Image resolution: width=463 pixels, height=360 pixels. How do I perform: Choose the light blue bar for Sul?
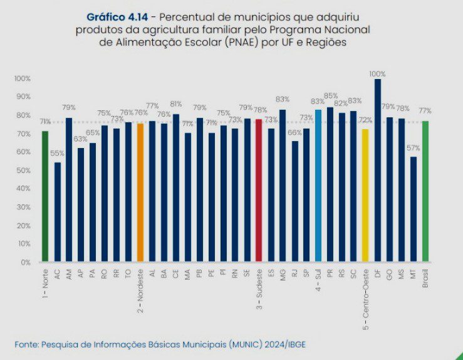click(x=318, y=186)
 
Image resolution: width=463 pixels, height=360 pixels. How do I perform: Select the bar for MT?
click(x=414, y=209)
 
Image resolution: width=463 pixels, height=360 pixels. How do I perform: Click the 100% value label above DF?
click(x=377, y=74)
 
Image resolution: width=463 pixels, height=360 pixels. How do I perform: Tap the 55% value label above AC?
click(x=57, y=154)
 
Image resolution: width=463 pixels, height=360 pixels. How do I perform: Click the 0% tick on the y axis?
click(x=25, y=262)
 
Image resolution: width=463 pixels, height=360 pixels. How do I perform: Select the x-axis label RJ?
click(x=294, y=272)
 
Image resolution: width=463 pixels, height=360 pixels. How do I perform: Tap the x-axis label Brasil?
click(x=425, y=276)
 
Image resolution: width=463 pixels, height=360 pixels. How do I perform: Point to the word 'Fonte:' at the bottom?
click(x=26, y=345)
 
